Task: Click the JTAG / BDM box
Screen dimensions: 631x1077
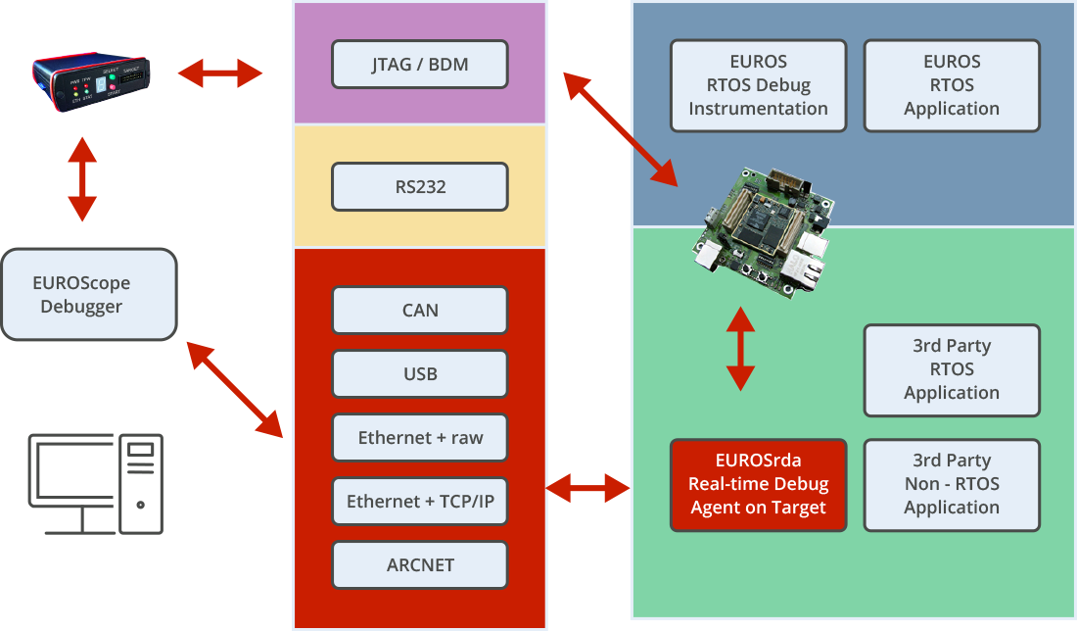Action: [420, 65]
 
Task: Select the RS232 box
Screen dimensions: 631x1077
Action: [420, 186]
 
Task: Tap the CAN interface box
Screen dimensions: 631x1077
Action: [420, 310]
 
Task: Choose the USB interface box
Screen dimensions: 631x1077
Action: [420, 373]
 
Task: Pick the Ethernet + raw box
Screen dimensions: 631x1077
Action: [420, 437]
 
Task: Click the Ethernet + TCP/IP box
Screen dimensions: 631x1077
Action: [420, 502]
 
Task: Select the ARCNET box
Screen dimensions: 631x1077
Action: [420, 564]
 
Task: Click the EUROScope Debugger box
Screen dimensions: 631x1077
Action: [89, 294]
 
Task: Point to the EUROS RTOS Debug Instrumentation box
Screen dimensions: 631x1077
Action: [758, 85]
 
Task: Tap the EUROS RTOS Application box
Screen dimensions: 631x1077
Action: [952, 85]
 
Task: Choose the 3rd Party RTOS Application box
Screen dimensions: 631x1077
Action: [952, 369]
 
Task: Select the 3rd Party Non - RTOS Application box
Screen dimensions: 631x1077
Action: [952, 484]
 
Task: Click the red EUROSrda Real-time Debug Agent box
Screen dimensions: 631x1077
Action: [758, 484]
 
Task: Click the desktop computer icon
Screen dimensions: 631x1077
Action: [96, 484]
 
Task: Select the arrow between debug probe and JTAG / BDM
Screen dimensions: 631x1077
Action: [220, 73]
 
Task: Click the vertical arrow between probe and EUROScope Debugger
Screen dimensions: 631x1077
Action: [82, 178]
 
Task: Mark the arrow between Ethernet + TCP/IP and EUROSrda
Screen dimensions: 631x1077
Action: [587, 486]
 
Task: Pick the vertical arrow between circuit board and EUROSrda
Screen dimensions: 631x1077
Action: [740, 349]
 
